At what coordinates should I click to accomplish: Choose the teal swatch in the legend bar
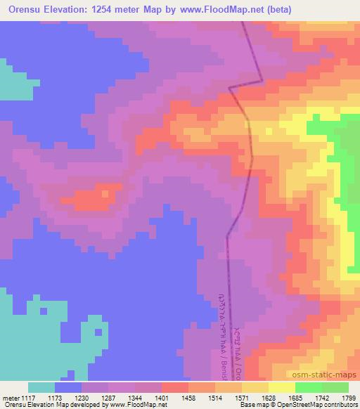pos(41,387)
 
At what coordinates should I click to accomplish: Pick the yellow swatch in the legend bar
pos(281,387)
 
